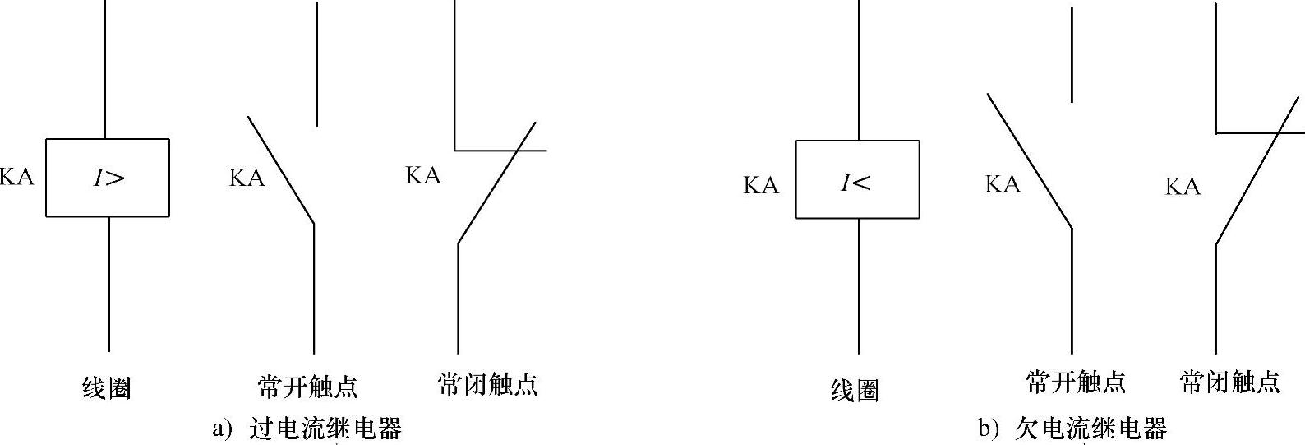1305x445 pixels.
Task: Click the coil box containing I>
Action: coord(108,178)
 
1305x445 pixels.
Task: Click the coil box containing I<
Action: coord(857,179)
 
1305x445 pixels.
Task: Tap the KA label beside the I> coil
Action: coord(16,177)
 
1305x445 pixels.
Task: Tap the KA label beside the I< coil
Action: coord(761,185)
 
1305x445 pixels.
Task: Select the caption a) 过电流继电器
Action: coord(307,429)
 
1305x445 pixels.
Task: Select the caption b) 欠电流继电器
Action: coord(1072,429)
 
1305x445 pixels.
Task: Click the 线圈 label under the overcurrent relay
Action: coord(108,387)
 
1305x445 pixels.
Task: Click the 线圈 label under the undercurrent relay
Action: coord(855,390)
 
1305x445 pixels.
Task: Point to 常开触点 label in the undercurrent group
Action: coord(1076,382)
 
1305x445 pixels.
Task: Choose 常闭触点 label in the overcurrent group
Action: coord(488,384)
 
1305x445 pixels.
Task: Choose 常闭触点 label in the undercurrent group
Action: coord(1230,382)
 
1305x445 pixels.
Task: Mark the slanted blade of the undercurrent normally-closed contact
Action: coord(1258,173)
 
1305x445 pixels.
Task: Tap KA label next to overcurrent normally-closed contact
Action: coord(423,175)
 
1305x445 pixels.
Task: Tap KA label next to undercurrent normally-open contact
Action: coord(1003,184)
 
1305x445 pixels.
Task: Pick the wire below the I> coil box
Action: coord(108,284)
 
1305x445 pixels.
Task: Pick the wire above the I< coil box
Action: coord(859,70)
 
